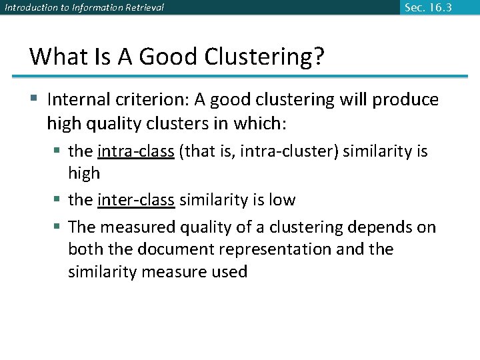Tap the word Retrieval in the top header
pos(142,8)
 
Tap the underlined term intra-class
pos(136,151)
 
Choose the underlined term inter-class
pos(136,200)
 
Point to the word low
pos(282,200)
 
